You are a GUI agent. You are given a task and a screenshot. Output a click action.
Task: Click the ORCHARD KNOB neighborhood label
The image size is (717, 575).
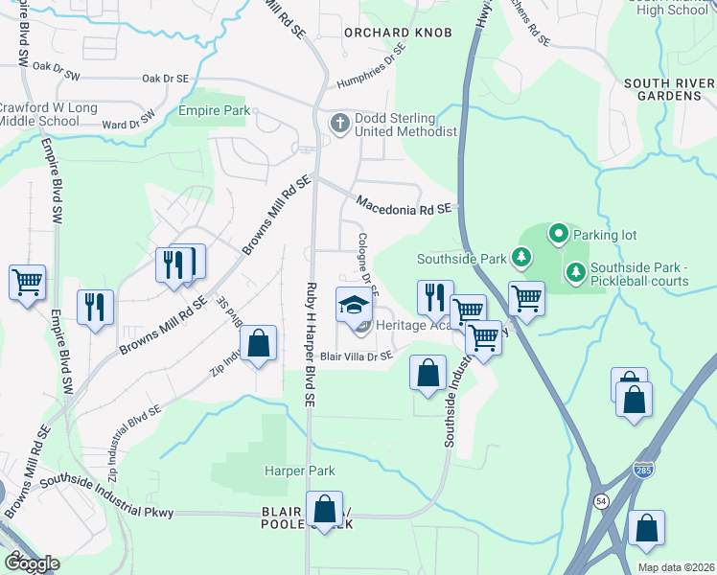point(398,33)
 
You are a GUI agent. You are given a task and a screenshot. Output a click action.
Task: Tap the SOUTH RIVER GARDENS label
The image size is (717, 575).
point(669,90)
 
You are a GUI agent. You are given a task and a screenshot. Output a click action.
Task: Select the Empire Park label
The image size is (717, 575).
point(214,111)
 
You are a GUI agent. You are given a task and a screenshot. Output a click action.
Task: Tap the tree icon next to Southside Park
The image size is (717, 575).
point(520,257)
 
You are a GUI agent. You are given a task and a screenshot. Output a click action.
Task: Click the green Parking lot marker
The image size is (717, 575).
point(558,234)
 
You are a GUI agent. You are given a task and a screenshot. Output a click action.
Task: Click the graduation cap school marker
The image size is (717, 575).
point(354,306)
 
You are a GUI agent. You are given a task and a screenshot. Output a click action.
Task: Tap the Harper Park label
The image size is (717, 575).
point(299,471)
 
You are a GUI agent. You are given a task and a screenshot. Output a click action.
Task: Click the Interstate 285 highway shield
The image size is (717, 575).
point(644,469)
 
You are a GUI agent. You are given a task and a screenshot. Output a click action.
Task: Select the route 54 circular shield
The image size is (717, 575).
point(600,501)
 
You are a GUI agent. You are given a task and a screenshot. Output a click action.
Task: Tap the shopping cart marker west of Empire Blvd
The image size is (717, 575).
point(28,283)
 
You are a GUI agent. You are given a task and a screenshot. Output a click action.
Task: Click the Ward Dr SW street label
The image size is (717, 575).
point(128,122)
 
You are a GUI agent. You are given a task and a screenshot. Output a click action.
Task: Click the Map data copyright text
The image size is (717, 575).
point(675,567)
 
